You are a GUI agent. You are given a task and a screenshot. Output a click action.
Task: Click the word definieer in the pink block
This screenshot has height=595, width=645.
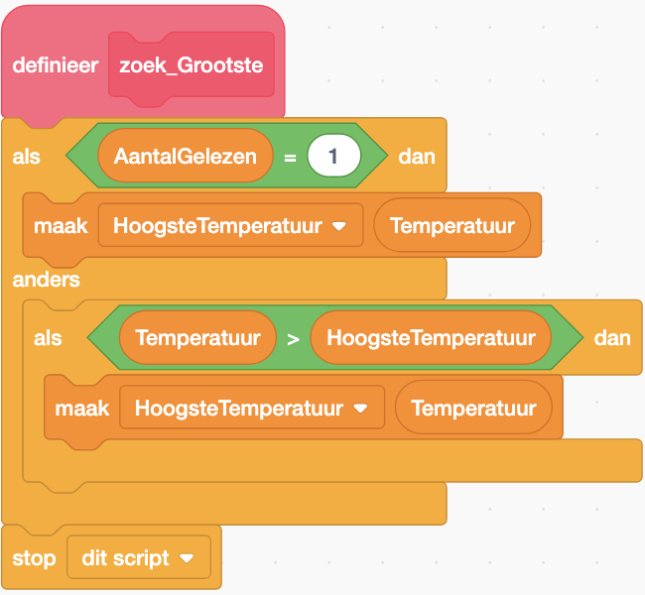coord(55,65)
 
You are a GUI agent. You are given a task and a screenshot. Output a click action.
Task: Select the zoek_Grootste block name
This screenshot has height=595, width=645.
coord(191,65)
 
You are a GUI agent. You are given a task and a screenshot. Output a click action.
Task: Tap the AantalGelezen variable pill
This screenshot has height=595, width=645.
coord(185,156)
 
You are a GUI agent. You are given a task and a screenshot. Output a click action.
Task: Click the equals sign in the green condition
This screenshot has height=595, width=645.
coord(290,157)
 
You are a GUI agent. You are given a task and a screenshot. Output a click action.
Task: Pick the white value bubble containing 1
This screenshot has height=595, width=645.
coord(333,156)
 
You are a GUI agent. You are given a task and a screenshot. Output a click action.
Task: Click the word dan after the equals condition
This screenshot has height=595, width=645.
coord(416,156)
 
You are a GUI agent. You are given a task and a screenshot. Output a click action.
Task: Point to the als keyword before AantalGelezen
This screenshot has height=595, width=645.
coord(27,157)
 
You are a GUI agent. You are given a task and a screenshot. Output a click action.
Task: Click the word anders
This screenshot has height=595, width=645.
coord(47,280)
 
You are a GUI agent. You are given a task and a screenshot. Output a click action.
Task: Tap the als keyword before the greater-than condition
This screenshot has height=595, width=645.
coord(48,338)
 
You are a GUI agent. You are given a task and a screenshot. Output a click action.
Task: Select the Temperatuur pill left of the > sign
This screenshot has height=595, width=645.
coord(197,338)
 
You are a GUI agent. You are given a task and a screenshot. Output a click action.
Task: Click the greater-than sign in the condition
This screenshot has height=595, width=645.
coord(293,338)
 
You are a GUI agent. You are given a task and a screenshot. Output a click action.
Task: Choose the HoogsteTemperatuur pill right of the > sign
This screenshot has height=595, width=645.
coord(431,338)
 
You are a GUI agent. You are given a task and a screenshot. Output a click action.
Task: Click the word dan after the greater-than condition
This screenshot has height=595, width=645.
coord(612,338)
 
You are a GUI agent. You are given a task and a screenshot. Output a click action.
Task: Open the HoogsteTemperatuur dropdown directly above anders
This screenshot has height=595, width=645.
coord(230,226)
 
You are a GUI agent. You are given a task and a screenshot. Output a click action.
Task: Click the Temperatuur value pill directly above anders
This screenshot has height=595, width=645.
coord(452,226)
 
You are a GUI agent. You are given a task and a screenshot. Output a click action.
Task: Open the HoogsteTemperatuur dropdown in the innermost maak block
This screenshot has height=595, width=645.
coord(252,408)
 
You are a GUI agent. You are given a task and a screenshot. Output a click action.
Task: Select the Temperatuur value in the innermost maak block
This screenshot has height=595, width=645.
coord(473,408)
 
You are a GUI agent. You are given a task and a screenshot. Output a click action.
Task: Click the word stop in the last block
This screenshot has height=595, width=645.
coord(35,558)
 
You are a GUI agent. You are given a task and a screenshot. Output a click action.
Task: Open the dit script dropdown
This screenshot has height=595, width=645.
coord(139,558)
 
